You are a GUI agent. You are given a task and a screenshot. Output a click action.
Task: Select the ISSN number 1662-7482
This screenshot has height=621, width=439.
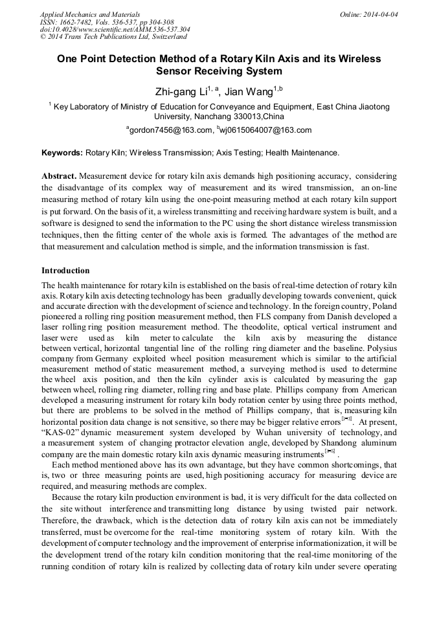[80, 21]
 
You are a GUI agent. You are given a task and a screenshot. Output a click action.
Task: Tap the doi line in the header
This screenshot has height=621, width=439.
[115, 29]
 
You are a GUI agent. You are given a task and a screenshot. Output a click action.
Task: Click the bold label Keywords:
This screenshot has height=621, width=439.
[62, 153]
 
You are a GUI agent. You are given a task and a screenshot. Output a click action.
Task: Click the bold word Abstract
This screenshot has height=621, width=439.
[59, 176]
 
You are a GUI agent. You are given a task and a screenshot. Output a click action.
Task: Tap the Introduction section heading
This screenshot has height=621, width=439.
[65, 270]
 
